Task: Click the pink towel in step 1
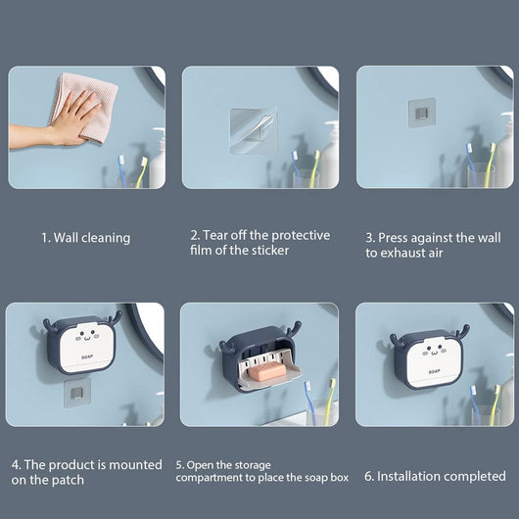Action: pos(85,106)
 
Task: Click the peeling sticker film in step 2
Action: pos(254,130)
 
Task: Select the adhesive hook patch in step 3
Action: pos(422,113)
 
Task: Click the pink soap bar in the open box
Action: pos(267,373)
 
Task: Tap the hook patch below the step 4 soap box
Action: pos(77,393)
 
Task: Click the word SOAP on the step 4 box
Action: pos(87,357)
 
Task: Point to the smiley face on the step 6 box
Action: pos(434,352)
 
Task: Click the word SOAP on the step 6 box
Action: pos(434,372)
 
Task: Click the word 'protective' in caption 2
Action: pos(301,235)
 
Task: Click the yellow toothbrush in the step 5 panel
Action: pos(328,401)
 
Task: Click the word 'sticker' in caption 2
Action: pos(270,251)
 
